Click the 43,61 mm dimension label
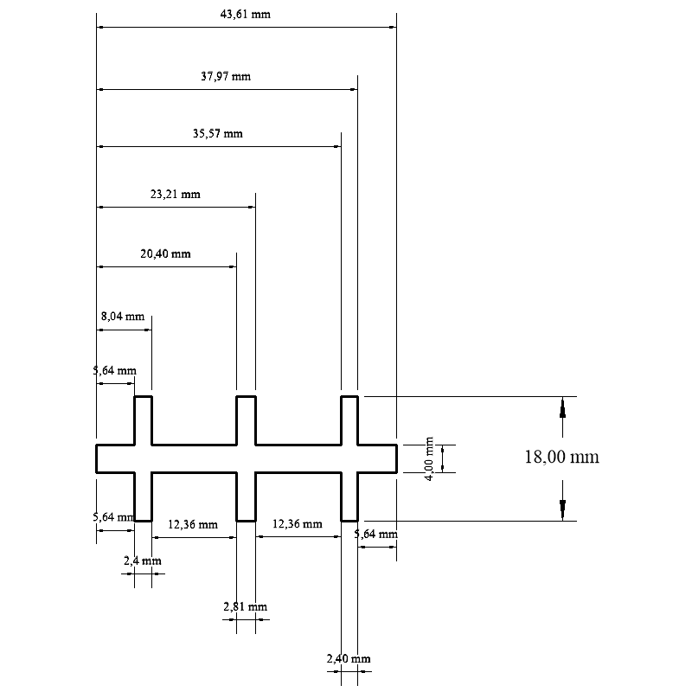[x=247, y=15]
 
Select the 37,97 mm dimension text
[x=226, y=76]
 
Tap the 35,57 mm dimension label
[x=218, y=134]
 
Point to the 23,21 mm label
[x=175, y=195]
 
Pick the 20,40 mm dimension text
[x=165, y=254]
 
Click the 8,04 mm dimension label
[x=123, y=317]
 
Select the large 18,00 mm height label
[x=561, y=457]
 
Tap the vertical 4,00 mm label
[x=430, y=458]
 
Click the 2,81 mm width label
[x=245, y=607]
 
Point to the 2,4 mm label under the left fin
[x=143, y=561]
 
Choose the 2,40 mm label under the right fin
[x=349, y=660]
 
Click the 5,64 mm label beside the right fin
[x=376, y=535]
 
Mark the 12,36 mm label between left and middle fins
[x=193, y=524]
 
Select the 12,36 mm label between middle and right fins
[x=297, y=524]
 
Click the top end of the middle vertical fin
[x=246, y=398]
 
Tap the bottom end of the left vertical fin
[x=143, y=520]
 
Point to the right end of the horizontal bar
[x=396, y=458]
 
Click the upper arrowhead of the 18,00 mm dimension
[x=562, y=407]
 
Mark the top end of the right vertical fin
[x=349, y=398]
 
